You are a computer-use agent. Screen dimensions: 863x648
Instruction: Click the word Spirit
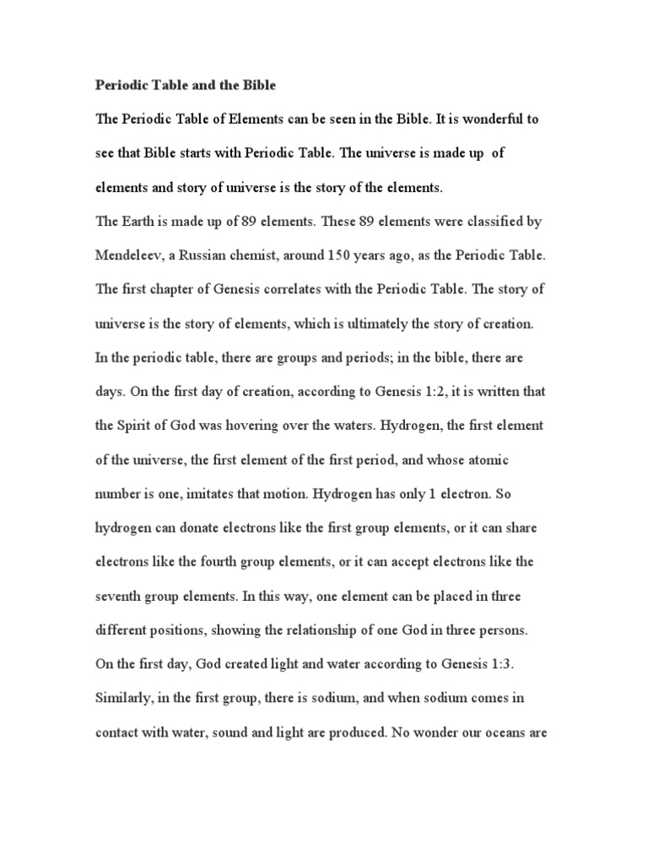click(137, 426)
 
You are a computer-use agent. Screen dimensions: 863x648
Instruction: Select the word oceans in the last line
click(505, 732)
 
